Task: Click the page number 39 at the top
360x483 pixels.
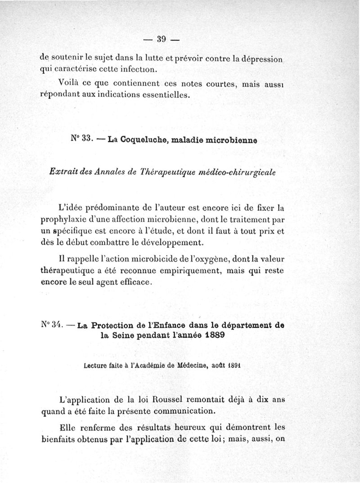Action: pos(162,39)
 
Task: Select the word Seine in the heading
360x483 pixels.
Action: pos(122,336)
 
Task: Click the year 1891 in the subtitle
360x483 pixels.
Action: pos(245,366)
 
